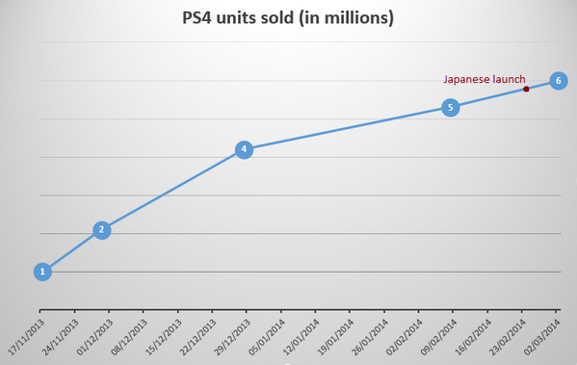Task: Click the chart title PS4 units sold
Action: (288, 18)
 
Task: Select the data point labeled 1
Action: (42, 272)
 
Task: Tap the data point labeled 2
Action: (101, 230)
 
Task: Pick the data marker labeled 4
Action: (244, 149)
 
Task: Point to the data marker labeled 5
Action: (450, 108)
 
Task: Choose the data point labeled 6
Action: (557, 80)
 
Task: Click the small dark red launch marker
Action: (526, 89)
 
